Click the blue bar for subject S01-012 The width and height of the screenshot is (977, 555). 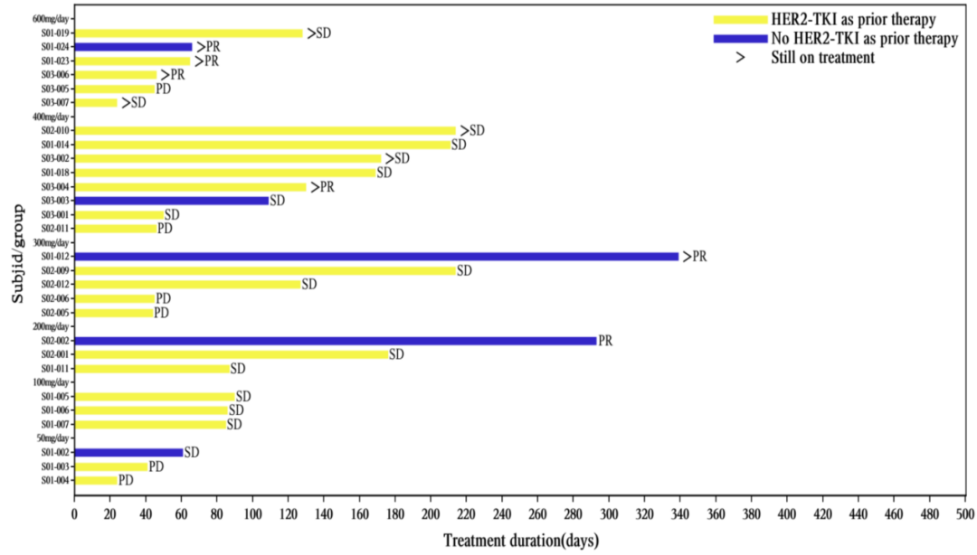[376, 257]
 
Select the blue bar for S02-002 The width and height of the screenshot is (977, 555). [335, 341]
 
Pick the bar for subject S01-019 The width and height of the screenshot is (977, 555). [188, 33]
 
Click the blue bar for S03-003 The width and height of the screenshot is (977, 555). [172, 201]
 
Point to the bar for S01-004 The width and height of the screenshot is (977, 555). [96, 481]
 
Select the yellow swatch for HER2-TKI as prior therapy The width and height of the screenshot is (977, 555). [740, 19]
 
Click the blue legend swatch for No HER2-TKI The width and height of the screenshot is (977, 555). [740, 38]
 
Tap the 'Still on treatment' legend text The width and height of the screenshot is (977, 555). [822, 58]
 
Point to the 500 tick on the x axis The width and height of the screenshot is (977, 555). [966, 514]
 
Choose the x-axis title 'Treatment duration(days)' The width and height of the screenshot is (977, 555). [520, 541]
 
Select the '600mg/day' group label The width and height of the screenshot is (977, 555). [52, 19]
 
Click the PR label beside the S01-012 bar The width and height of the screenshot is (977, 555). [699, 257]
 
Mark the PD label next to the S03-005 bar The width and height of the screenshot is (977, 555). [164, 89]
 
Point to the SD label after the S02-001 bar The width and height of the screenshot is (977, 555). [396, 354]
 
